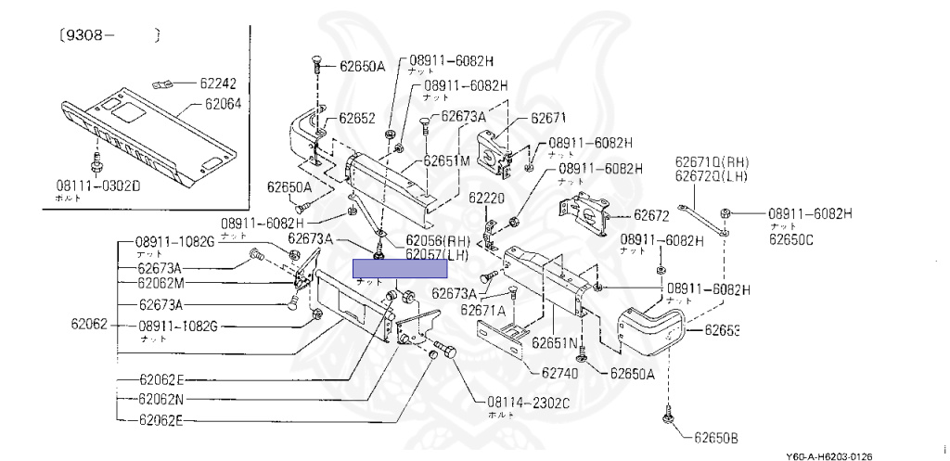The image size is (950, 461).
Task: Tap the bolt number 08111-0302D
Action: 97,186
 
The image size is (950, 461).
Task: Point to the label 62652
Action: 356,119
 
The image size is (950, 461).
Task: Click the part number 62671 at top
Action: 547,119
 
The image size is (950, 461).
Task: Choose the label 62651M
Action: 445,160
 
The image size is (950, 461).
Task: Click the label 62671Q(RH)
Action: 712,161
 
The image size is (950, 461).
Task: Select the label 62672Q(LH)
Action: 712,175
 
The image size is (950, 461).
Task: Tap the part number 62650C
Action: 790,239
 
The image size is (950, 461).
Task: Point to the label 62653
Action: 721,329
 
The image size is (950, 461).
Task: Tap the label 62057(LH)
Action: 432,253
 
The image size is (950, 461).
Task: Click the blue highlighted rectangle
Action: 400,269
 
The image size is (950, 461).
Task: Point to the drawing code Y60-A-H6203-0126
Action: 828,455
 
